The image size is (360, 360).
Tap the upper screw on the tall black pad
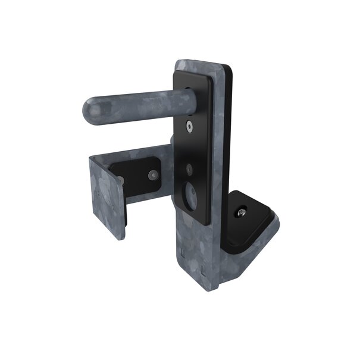coord(189,127)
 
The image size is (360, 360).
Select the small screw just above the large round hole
coord(190,169)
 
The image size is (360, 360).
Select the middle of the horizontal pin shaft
coord(137,105)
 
